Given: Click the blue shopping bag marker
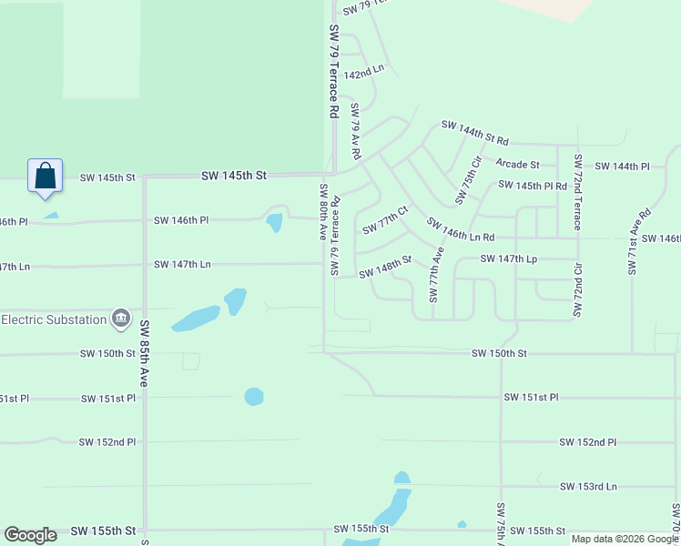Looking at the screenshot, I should click(x=46, y=177).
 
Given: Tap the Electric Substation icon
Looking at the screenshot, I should click(x=120, y=318).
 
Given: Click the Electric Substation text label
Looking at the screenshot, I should click(x=54, y=319).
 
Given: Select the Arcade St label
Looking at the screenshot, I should click(x=517, y=165).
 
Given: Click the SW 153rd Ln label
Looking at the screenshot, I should click(x=587, y=487).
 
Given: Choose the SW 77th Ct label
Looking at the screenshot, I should click(x=385, y=219).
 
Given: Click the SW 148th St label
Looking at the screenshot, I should click(x=385, y=267).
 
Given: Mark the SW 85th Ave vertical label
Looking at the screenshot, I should click(x=144, y=352).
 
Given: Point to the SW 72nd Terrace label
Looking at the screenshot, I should click(x=577, y=192).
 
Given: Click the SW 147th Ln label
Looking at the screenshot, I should click(x=182, y=264).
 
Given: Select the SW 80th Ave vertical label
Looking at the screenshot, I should click(x=323, y=211).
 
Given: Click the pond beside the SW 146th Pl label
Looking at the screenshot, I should click(x=273, y=222).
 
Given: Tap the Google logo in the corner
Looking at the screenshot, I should click(x=30, y=535).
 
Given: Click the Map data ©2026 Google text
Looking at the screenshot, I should click(x=624, y=539).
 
